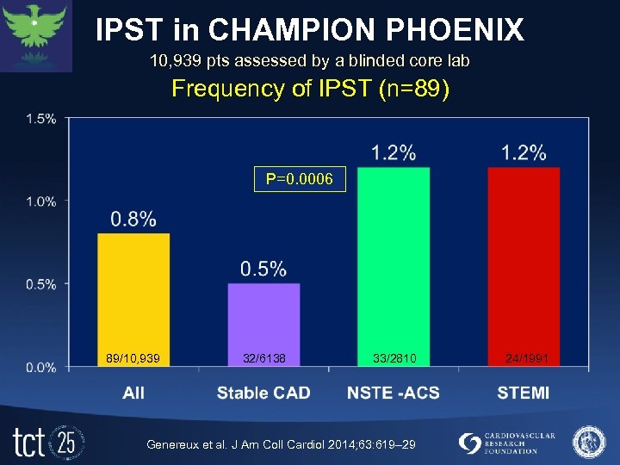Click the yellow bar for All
pyautogui.click(x=133, y=297)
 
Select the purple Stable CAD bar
pyautogui.click(x=263, y=323)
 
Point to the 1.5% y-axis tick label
pyautogui.click(x=42, y=119)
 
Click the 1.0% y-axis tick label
pyautogui.click(x=42, y=201)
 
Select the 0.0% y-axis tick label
pyautogui.click(x=42, y=367)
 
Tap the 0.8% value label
pyautogui.click(x=133, y=220)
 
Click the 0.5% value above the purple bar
pyautogui.click(x=263, y=270)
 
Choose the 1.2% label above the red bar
pyautogui.click(x=524, y=152)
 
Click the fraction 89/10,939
pyautogui.click(x=133, y=357)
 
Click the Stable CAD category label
pyautogui.click(x=263, y=393)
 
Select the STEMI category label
pyautogui.click(x=523, y=393)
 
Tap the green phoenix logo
pyautogui.click(x=36, y=34)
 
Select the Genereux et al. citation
pyautogui.click(x=281, y=443)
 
